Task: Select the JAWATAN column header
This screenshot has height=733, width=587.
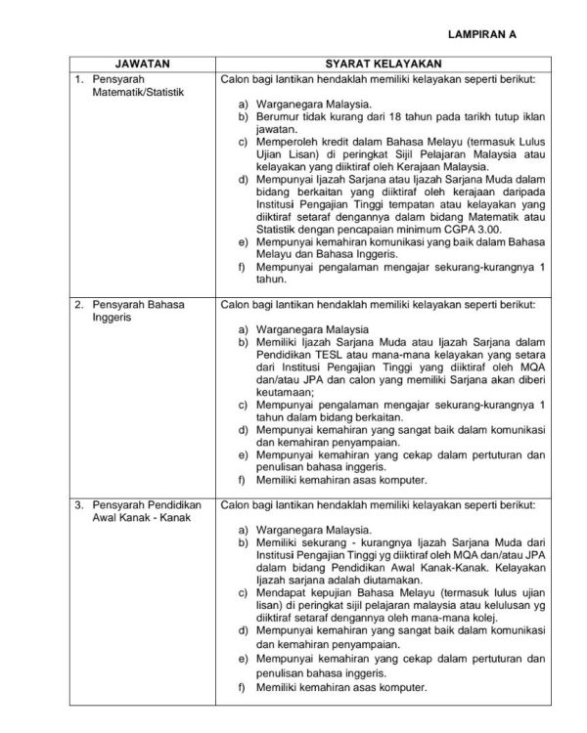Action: point(144,62)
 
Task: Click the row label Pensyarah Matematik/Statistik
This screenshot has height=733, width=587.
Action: point(130,84)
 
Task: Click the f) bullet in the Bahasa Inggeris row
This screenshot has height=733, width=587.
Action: point(243,481)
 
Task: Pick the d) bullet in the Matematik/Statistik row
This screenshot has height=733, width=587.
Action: point(243,181)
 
